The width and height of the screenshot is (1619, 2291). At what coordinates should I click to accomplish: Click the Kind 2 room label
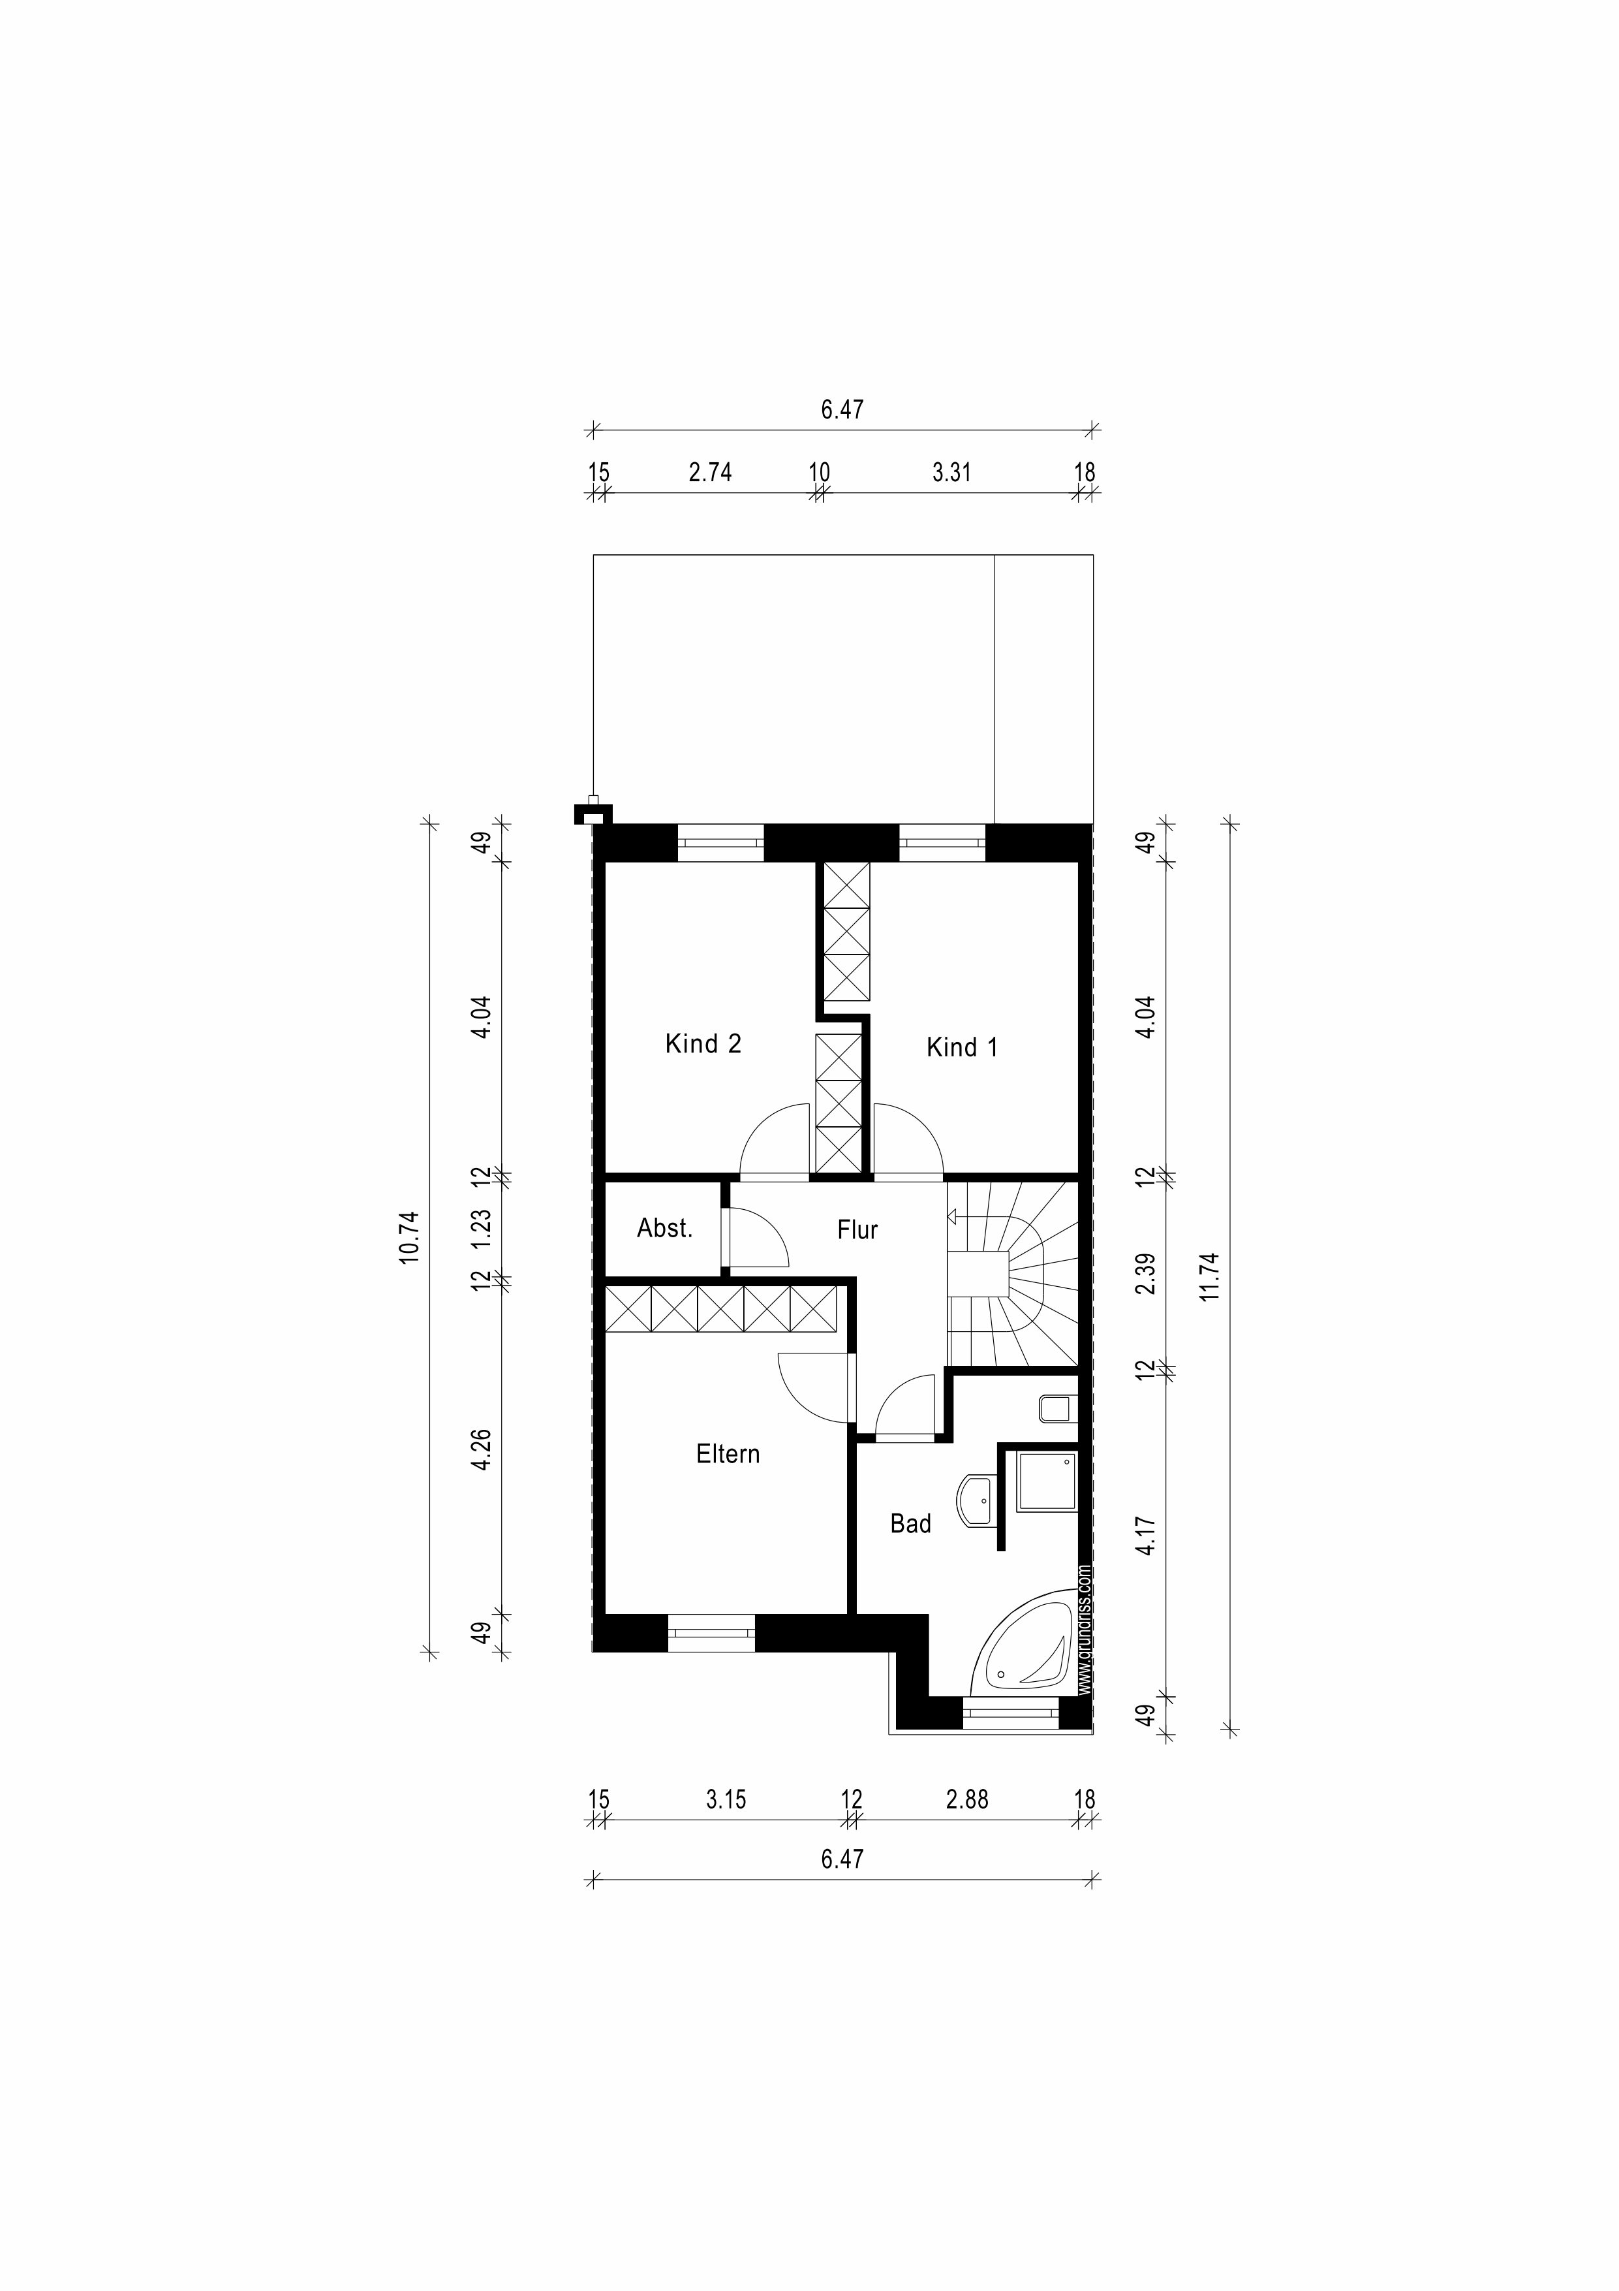703,1045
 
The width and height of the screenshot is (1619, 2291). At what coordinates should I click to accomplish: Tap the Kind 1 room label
962,1048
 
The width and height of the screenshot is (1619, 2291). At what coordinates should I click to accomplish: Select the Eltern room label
728,1455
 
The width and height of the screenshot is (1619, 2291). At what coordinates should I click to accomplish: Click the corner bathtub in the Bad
1028,1651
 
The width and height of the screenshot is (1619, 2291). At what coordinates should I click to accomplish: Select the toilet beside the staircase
1055,1409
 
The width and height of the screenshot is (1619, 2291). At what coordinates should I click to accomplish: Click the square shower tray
1047,1482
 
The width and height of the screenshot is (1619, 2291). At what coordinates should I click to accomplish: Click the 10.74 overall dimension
410,1239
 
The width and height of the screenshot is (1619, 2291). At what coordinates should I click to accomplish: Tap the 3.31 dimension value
951,473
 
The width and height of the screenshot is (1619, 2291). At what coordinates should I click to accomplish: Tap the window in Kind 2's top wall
721,842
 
